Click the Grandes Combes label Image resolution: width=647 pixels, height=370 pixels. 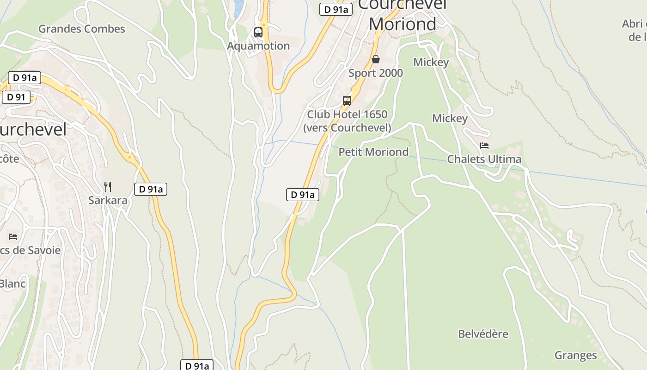[81, 29]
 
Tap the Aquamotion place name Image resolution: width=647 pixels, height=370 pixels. [258, 46]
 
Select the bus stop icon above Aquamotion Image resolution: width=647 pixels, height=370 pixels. [258, 32]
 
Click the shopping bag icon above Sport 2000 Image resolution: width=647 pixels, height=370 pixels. [376, 59]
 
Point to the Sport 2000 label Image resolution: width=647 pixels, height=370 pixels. [376, 73]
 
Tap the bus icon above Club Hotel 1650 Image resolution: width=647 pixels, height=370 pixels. [347, 100]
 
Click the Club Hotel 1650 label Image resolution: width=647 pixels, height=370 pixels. [347, 114]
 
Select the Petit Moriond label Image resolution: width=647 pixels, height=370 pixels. [373, 152]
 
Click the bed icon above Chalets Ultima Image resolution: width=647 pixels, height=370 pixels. [484, 145]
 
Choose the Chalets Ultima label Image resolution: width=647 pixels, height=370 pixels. [484, 159]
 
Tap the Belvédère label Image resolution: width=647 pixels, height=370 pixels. [483, 334]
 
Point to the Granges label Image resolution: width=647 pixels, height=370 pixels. [575, 355]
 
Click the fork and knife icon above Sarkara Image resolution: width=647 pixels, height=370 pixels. [108, 187]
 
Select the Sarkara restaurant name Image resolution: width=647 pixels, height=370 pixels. [108, 201]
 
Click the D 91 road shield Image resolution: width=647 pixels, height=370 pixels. [16, 97]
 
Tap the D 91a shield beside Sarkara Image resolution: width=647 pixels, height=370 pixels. [151, 189]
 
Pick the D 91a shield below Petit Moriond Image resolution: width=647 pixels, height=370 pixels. [303, 195]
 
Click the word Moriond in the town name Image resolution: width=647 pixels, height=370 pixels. [403, 24]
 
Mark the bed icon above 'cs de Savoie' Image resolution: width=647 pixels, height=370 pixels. [13, 237]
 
